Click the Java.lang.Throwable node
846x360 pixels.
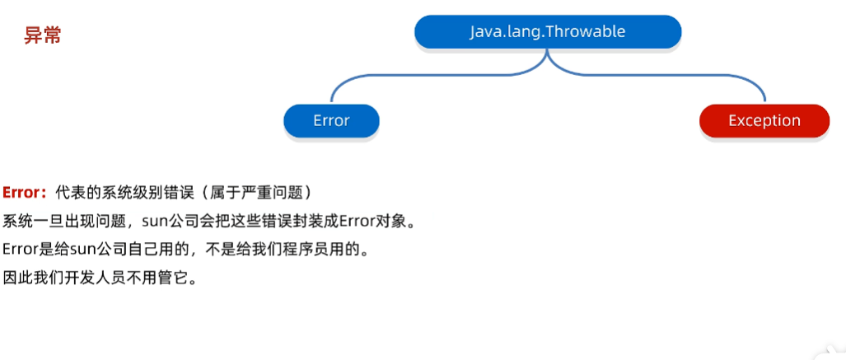(548, 32)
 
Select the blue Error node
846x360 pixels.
(331, 121)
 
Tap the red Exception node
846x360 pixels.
(764, 121)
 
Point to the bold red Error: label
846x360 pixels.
(24, 193)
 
